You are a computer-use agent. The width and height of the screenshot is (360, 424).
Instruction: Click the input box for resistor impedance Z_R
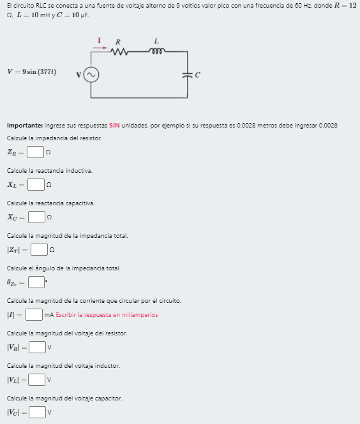36,152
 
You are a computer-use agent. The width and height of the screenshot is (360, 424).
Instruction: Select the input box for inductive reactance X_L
36,185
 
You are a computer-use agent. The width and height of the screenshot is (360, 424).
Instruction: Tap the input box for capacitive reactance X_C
36,217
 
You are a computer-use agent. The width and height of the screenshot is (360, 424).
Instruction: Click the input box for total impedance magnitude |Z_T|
40,250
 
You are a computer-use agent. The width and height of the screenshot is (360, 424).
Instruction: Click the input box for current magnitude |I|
34,314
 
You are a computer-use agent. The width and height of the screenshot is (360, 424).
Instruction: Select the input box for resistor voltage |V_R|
38,347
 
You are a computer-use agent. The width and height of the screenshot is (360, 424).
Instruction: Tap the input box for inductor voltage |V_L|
38,380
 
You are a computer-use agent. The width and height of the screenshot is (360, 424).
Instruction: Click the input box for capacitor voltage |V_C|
38,413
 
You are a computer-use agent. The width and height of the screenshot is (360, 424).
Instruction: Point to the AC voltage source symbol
91,75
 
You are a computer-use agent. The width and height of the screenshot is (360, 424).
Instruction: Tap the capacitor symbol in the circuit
188,75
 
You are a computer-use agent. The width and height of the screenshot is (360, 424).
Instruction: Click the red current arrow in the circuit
100,46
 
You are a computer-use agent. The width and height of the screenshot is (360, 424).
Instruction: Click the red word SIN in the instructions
114,125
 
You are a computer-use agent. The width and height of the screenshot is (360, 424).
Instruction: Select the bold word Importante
25,125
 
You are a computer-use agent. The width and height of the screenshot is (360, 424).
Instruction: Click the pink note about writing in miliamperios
107,315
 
